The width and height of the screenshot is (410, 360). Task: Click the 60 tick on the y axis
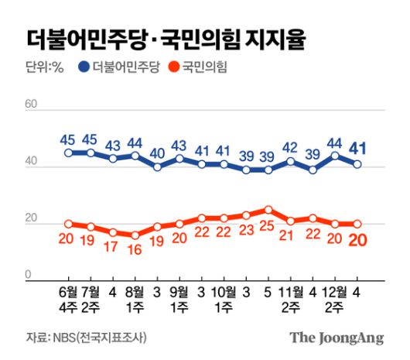(x=32, y=104)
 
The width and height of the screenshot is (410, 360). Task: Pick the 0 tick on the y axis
(x=29, y=274)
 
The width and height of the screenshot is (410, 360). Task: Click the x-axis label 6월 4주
(x=68, y=301)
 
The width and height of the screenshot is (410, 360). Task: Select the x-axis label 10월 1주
(x=224, y=301)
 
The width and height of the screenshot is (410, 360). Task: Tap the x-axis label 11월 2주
(x=290, y=301)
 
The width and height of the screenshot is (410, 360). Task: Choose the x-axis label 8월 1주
(x=135, y=301)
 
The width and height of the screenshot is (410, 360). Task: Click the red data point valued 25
(x=268, y=209)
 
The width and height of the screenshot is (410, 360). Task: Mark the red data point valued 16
(x=135, y=235)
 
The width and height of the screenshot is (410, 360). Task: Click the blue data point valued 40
(x=157, y=166)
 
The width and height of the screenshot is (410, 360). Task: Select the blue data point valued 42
(x=291, y=161)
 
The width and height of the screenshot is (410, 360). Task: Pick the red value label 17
(x=113, y=249)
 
